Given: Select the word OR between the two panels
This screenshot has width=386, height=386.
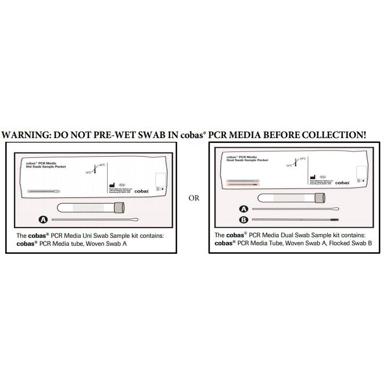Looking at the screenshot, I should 194,198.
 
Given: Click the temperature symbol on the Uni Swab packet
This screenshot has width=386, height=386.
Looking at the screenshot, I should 94,168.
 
